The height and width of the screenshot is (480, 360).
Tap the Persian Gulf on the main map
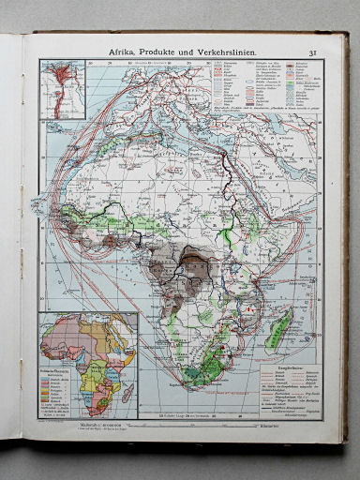[293, 161]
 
